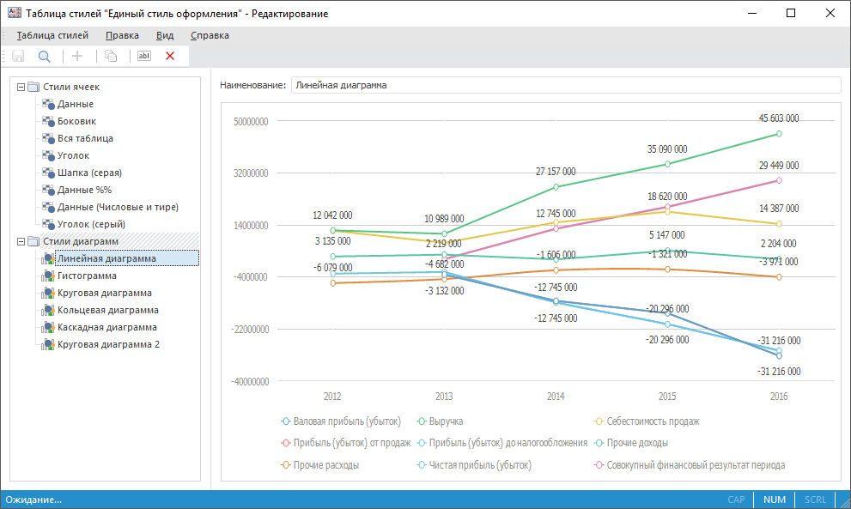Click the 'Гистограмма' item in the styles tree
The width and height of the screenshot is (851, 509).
tap(87, 276)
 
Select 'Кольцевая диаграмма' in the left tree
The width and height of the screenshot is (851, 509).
tap(107, 310)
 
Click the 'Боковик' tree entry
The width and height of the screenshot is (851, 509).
tap(76, 121)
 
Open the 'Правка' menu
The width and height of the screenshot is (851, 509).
tap(122, 35)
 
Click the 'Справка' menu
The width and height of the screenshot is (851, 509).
tap(210, 35)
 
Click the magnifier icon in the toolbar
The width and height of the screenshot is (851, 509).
tap(44, 56)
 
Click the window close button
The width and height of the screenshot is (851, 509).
tap(830, 13)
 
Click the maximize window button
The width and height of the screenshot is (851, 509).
tap(791, 13)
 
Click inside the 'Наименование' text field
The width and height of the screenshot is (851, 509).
tap(565, 85)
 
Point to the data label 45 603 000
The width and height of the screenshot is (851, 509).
tap(779, 118)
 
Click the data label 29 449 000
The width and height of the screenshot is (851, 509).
tap(779, 165)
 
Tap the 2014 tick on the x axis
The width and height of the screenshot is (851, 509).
tap(555, 397)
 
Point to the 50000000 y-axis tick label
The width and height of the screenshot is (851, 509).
tap(251, 122)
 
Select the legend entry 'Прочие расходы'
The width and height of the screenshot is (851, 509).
tap(325, 464)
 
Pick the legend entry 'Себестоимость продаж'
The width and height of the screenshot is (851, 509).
tap(653, 421)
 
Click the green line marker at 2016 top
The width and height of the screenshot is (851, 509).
tap(779, 134)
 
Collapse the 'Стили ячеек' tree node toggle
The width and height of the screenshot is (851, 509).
tap(21, 87)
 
